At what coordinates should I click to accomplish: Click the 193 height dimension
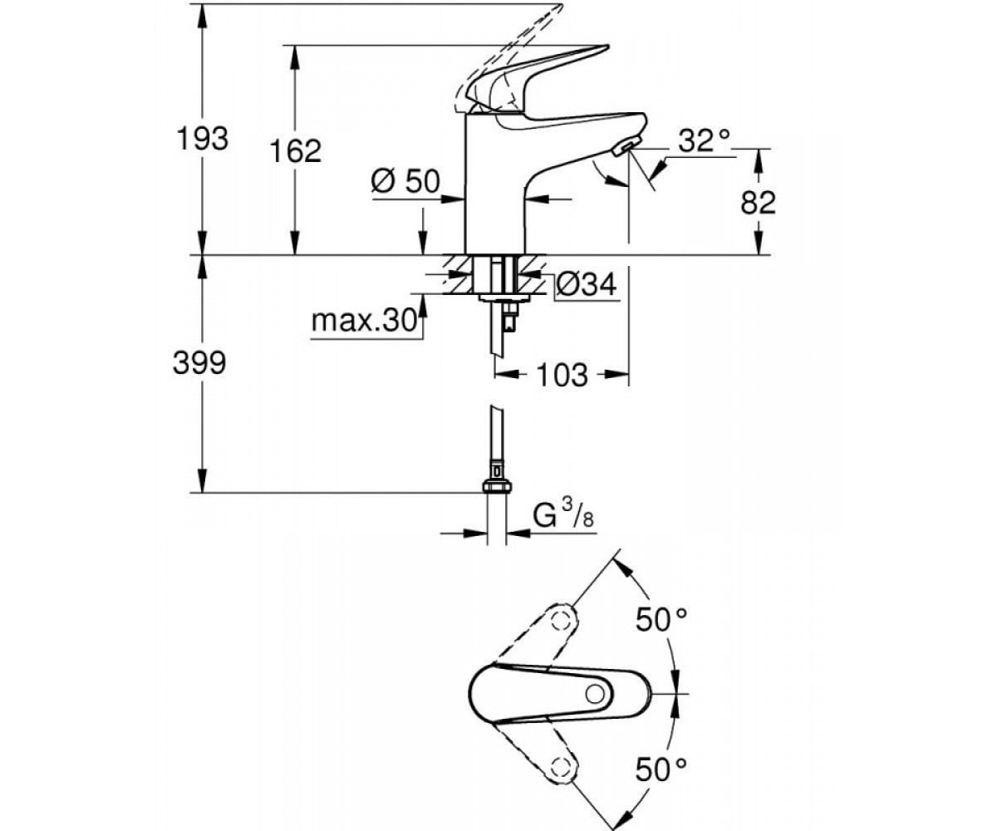coord(203,139)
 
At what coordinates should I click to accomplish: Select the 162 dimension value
coord(295,151)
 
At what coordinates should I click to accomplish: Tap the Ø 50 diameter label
coord(405,181)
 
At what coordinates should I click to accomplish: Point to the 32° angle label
coord(705,140)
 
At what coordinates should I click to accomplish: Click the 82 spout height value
coord(758,203)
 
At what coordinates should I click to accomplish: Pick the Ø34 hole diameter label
coord(586,286)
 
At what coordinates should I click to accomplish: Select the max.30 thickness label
coord(365,321)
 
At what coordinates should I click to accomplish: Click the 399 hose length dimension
coord(199,363)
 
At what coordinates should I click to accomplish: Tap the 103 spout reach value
coord(562,375)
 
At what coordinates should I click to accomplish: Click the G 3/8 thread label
coord(563,516)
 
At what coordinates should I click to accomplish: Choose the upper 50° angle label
coord(661,620)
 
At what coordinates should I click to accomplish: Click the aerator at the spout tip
coord(624,145)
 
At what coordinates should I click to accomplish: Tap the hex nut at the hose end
coord(497,486)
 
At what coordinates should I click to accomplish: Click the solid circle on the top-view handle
coord(595,695)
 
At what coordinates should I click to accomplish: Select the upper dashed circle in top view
coord(562,621)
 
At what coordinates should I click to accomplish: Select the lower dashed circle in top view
coord(561,768)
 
